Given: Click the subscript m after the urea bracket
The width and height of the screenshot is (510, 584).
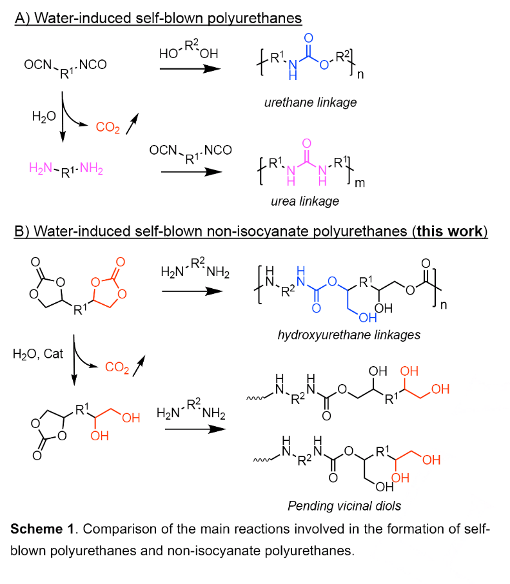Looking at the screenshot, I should [360, 183].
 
